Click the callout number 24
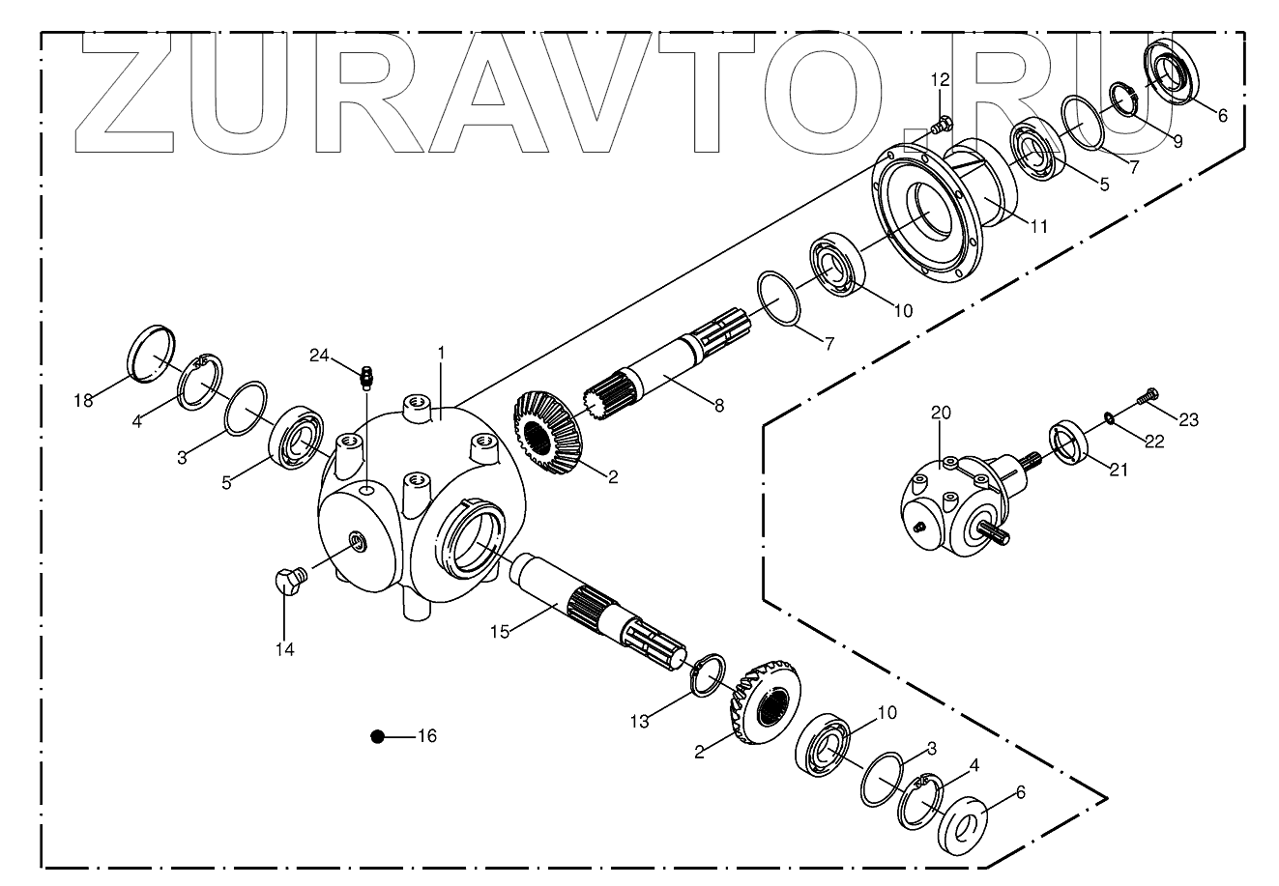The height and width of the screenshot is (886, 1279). (320, 355)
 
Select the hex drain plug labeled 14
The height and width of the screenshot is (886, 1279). (287, 583)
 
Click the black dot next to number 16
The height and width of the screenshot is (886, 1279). (378, 736)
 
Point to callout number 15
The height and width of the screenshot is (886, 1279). (499, 631)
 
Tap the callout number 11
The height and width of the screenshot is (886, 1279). (1038, 226)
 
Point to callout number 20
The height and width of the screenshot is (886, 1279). (942, 413)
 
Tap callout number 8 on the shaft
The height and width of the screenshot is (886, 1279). (718, 406)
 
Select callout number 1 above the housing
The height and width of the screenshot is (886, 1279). (441, 354)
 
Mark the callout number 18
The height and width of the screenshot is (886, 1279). (84, 400)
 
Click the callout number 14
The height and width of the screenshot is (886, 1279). (283, 649)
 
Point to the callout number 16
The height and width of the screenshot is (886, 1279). (426, 736)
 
